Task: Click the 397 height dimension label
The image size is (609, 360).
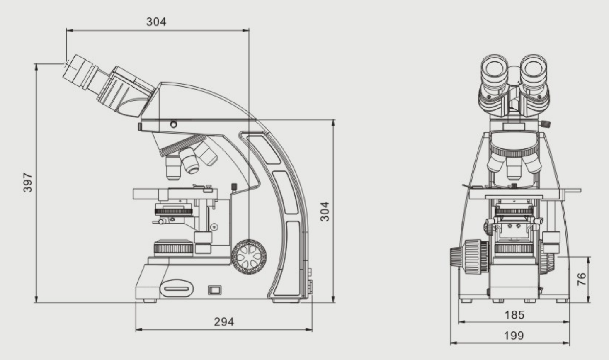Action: pos(28,182)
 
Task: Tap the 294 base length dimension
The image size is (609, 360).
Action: pos(224,322)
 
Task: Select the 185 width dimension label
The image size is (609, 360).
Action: pos(514,315)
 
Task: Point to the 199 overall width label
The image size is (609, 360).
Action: pos(514,336)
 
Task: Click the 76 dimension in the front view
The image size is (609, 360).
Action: pos(582,279)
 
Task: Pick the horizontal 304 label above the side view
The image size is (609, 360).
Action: pos(156,22)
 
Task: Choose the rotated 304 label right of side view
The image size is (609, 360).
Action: pos(325,212)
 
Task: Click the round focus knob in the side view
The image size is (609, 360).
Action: pos(249,256)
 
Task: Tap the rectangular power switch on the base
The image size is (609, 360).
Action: pos(215,290)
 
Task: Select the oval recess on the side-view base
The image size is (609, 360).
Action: pos(177,289)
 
